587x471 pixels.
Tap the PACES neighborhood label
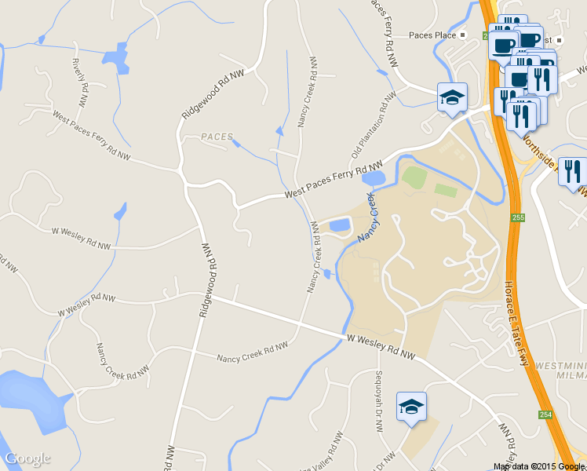[217, 137]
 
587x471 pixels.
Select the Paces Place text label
[433, 35]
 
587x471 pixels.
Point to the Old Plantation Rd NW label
[374, 126]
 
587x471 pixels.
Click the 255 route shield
[516, 217]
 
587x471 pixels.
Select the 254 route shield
[544, 414]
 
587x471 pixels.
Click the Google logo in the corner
[27, 458]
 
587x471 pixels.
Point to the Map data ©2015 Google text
[539, 466]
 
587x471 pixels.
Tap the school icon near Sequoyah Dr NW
[411, 407]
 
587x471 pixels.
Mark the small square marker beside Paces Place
[463, 35]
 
